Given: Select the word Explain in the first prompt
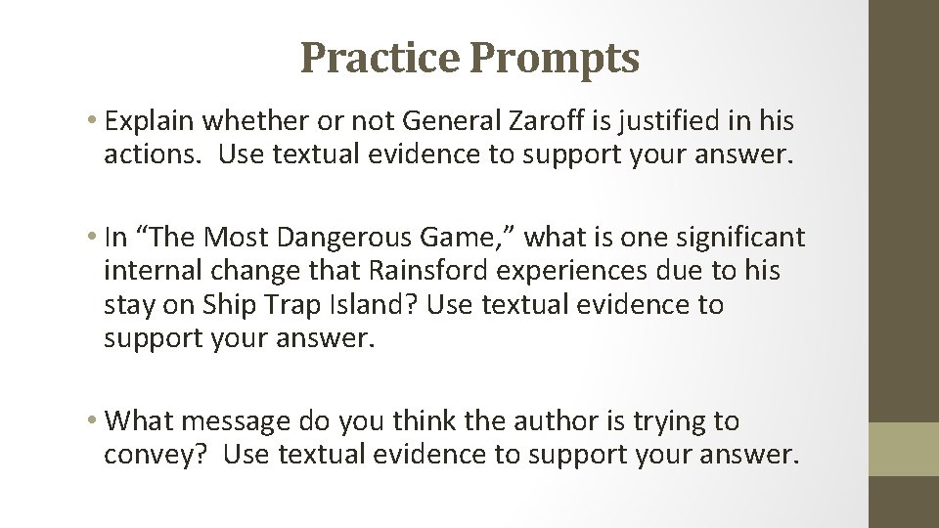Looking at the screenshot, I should point(149,121).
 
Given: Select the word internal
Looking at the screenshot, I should point(152,271).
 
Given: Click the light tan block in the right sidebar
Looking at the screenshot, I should point(904,449).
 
